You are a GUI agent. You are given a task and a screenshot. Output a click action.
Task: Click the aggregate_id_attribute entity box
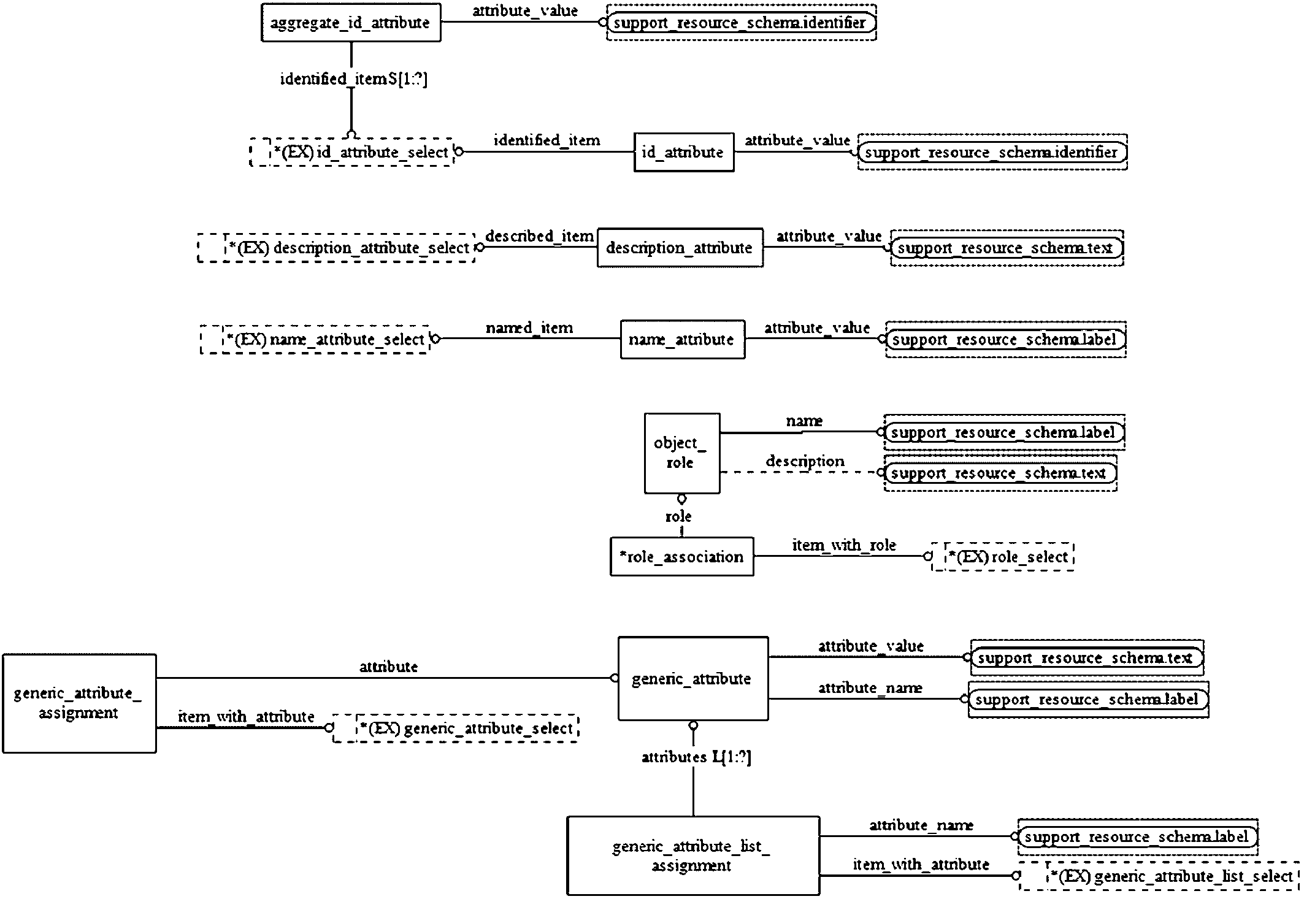click(x=351, y=23)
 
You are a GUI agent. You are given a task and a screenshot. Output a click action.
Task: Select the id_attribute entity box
click(x=684, y=152)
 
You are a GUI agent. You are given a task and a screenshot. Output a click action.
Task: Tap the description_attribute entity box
click(x=680, y=248)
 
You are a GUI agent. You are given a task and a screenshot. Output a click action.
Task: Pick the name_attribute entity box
click(x=683, y=339)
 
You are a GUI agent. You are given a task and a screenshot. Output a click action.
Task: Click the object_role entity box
click(x=682, y=453)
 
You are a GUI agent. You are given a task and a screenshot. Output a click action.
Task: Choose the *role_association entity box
click(x=682, y=557)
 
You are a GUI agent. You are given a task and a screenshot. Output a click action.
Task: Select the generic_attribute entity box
click(x=693, y=678)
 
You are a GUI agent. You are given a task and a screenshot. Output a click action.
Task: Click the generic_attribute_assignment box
click(x=79, y=703)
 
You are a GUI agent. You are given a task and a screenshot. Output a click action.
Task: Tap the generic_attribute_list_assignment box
click(x=693, y=855)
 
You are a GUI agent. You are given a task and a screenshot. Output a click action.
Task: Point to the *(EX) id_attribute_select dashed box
click(x=352, y=152)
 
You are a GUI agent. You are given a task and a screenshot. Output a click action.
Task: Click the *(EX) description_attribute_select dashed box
click(x=336, y=248)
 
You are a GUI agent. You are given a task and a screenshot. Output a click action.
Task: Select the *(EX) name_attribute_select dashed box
click(x=315, y=339)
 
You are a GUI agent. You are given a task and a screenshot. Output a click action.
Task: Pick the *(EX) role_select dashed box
click(x=1003, y=557)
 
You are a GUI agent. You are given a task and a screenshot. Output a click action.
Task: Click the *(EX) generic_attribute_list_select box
click(x=1159, y=876)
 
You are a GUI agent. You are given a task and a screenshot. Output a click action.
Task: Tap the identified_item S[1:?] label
click(x=354, y=79)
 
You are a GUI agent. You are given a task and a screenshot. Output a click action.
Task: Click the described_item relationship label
click(x=540, y=236)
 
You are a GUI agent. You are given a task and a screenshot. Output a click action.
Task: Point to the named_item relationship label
click(x=529, y=328)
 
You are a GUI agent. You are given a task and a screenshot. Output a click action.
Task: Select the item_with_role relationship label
click(x=844, y=545)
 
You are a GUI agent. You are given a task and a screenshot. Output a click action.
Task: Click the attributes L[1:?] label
click(x=696, y=757)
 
